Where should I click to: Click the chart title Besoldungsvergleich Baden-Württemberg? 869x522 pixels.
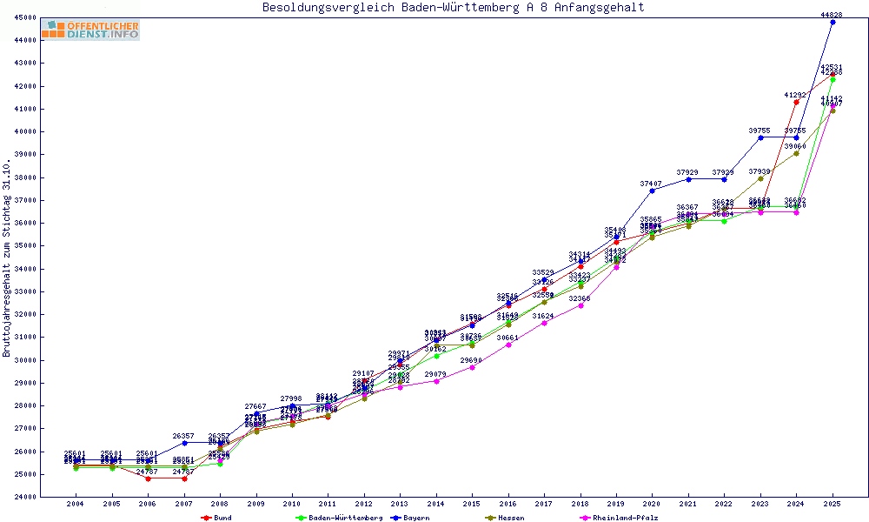[x=453, y=8]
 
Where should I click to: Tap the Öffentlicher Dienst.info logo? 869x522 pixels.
[x=90, y=30]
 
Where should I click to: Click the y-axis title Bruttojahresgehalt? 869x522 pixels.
[x=8, y=258]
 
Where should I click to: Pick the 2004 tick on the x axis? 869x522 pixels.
[x=76, y=504]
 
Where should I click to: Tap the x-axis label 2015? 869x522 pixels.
[x=472, y=504]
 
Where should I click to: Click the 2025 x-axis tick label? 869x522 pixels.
[x=833, y=504]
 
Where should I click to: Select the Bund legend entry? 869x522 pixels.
[x=218, y=518]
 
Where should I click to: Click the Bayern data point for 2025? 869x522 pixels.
[x=833, y=22]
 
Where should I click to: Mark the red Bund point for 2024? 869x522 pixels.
[x=796, y=102]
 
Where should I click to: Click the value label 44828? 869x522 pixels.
[x=833, y=15]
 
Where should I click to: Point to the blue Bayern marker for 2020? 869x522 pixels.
[x=652, y=191]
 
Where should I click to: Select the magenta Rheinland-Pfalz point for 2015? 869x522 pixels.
[x=472, y=367]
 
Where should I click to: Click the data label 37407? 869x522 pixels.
[x=652, y=184]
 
